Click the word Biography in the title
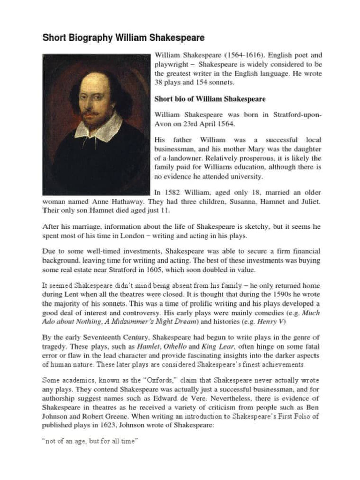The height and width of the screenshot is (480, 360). click(x=90, y=37)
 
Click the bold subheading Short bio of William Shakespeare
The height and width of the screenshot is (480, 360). click(x=210, y=99)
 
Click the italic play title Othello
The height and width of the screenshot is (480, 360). click(x=175, y=347)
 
